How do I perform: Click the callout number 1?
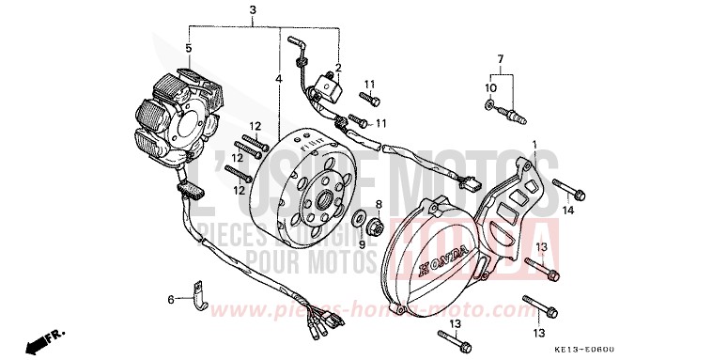[x=535, y=144]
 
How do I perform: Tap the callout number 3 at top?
[x=253, y=10]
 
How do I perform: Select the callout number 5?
[x=188, y=48]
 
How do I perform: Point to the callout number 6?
[x=171, y=299]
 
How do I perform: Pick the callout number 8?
[x=379, y=204]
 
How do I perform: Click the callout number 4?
[x=279, y=79]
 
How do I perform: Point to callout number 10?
[x=488, y=88]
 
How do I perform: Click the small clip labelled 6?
[x=198, y=292]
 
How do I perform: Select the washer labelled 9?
[x=360, y=220]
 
